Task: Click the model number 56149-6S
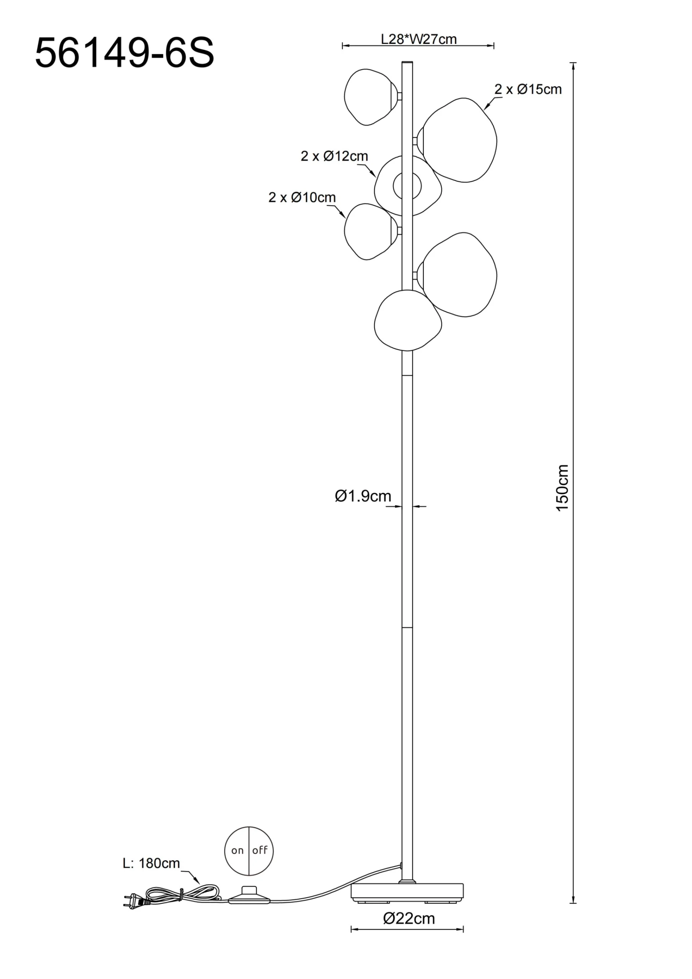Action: (125, 53)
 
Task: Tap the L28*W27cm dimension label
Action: (418, 39)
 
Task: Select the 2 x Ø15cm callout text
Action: (528, 89)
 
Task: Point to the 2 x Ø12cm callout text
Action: (334, 156)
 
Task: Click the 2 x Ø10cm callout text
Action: (302, 197)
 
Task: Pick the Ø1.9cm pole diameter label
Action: (363, 496)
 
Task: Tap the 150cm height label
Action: (562, 488)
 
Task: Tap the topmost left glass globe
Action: (371, 97)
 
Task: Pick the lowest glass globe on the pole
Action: (407, 320)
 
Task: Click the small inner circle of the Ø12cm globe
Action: (407, 186)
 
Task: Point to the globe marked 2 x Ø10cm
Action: (371, 231)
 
